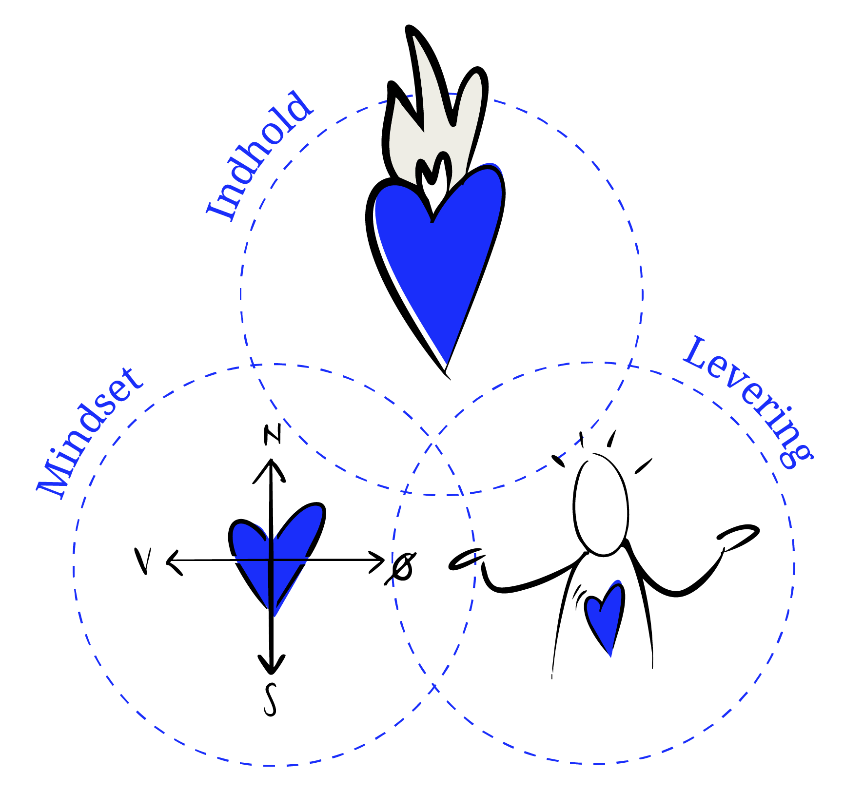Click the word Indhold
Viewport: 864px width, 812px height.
258,156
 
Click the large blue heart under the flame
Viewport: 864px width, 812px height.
439,258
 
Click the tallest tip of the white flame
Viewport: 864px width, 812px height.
415,39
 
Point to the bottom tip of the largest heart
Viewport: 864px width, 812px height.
446,362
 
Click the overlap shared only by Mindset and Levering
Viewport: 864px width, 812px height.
433,585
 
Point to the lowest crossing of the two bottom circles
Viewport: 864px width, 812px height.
433,687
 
